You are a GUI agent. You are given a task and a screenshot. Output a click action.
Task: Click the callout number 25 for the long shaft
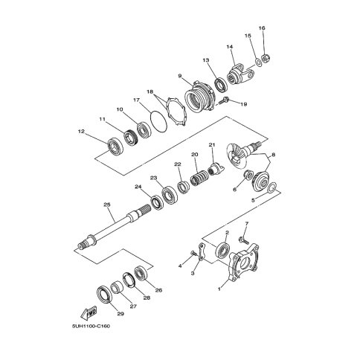(x=107, y=205)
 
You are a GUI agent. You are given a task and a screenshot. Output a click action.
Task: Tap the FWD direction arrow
(x=89, y=313)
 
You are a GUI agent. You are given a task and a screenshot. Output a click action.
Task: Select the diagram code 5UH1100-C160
(x=91, y=326)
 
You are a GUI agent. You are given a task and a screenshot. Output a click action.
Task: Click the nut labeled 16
(x=266, y=58)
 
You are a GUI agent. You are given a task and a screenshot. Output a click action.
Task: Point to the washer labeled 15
(x=258, y=62)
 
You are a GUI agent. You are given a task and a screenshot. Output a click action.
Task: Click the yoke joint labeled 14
(x=240, y=75)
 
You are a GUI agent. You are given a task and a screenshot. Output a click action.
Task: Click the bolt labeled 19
(x=224, y=100)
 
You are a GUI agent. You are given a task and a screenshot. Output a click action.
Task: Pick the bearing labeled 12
(x=115, y=147)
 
